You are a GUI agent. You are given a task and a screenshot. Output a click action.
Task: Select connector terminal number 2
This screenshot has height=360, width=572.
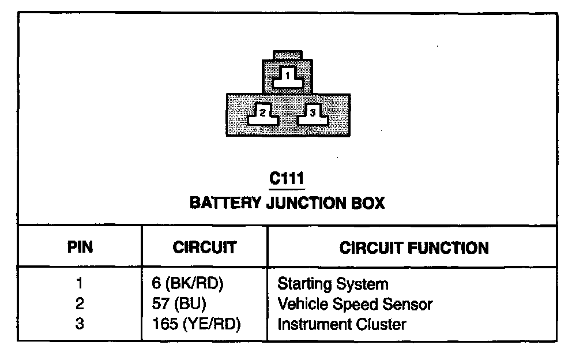[x=262, y=114]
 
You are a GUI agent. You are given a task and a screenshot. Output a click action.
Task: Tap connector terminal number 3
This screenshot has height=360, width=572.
[x=312, y=114]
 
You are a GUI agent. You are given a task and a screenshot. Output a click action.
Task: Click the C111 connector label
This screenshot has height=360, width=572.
[x=287, y=179]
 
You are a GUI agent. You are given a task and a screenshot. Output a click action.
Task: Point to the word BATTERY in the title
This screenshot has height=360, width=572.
[x=225, y=203]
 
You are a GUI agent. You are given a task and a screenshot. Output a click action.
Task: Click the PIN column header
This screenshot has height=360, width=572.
[x=80, y=247]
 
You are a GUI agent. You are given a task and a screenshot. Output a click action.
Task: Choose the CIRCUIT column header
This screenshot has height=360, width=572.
[x=204, y=247]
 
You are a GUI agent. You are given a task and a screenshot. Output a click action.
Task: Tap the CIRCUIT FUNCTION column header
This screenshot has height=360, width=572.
[x=413, y=247]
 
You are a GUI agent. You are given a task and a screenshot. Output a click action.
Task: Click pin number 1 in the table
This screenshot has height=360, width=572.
[x=80, y=284]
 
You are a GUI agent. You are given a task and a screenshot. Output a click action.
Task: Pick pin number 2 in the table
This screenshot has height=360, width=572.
[x=80, y=303]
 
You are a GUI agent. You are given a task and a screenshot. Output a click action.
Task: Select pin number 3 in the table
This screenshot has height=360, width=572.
[x=80, y=324]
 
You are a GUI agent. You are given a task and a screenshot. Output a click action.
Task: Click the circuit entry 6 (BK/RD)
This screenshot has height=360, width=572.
[x=186, y=284]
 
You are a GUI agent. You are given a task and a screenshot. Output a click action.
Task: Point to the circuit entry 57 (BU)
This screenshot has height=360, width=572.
[x=177, y=303]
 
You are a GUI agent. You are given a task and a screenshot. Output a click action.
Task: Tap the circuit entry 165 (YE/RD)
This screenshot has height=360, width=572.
[x=193, y=324]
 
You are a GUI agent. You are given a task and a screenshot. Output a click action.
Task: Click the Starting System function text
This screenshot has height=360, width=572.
[x=333, y=284]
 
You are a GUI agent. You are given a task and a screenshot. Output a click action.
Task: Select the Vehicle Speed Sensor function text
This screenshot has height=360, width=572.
[x=355, y=303]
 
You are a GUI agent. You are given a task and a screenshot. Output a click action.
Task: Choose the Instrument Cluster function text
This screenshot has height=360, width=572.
[x=341, y=324]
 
